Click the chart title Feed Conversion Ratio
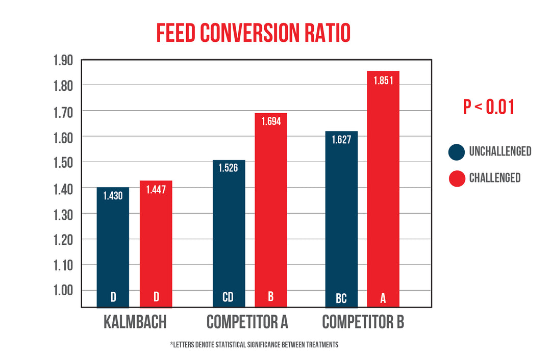pyautogui.click(x=253, y=33)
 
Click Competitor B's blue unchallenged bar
pyautogui.click(x=341, y=219)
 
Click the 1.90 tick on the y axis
pyautogui.click(x=63, y=61)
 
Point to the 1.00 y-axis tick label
pyautogui.click(x=63, y=290)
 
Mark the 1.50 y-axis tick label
pyautogui.click(x=63, y=163)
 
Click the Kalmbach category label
pyautogui.click(x=135, y=322)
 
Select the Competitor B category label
pyautogui.click(x=363, y=322)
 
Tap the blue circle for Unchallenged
pyautogui.click(x=457, y=151)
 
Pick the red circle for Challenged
pyautogui.click(x=457, y=178)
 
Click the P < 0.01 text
pyautogui.click(x=488, y=107)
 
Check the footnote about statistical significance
pyautogui.click(x=254, y=345)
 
